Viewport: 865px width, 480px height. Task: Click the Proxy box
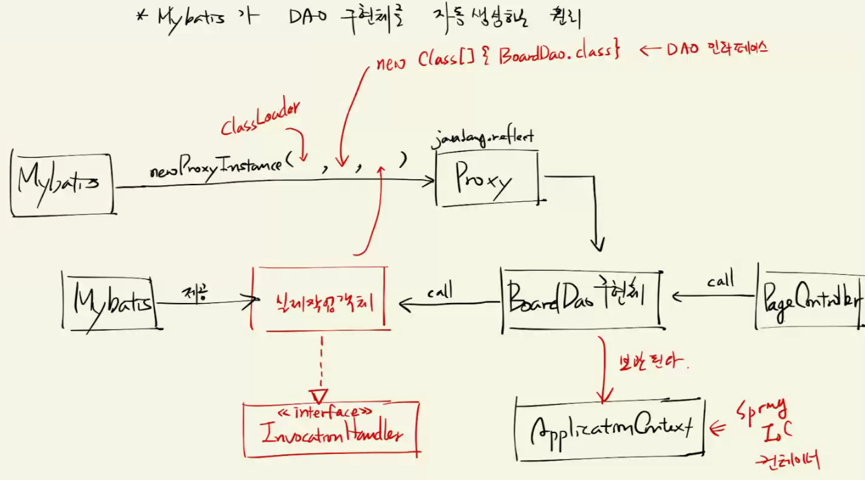(x=487, y=180)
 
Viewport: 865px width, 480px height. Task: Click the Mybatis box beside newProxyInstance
(x=61, y=184)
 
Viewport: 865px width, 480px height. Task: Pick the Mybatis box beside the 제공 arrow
(x=109, y=300)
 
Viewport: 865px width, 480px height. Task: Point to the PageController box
(x=811, y=300)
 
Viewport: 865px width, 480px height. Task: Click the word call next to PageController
(x=720, y=280)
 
